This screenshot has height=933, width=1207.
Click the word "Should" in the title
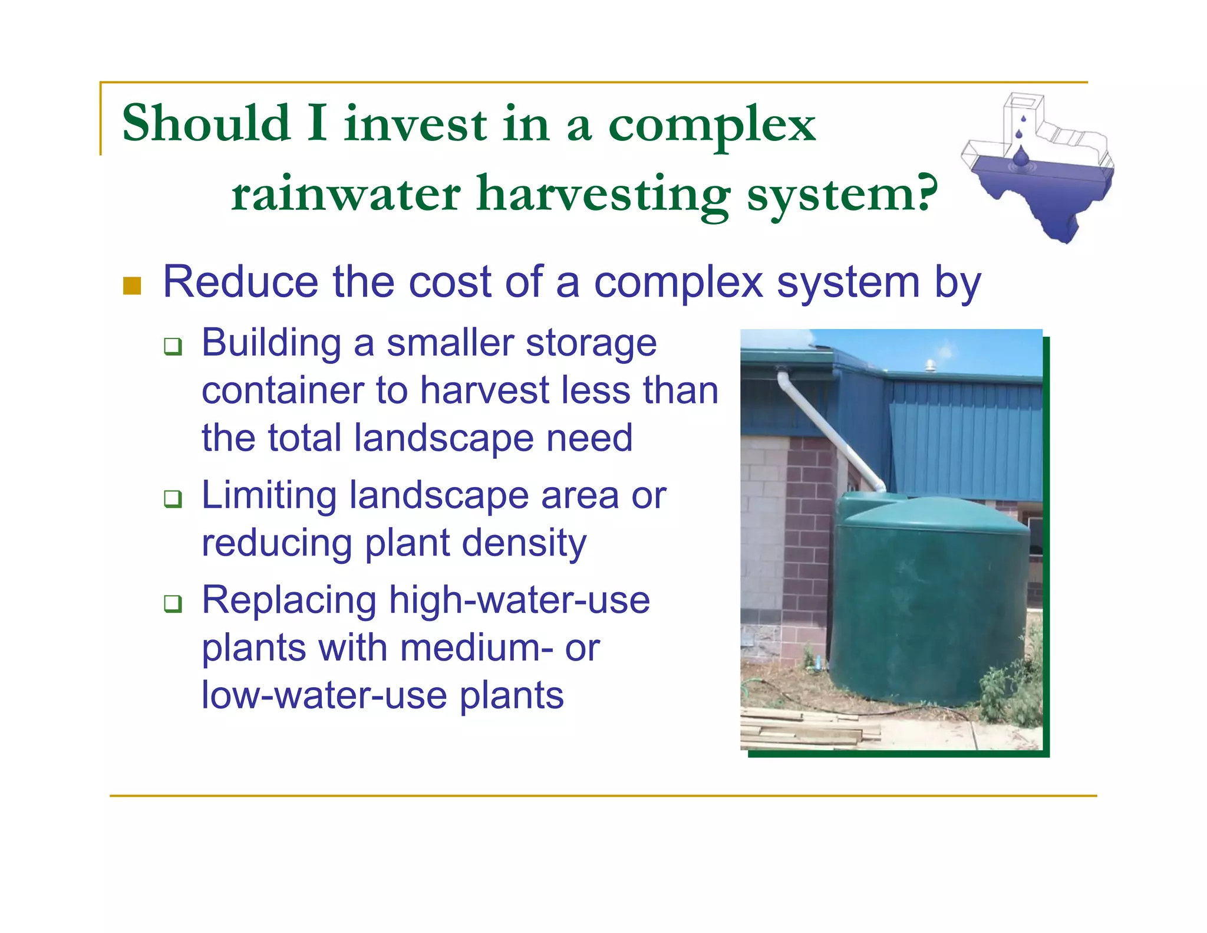tap(206, 123)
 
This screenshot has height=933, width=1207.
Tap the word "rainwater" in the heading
tap(345, 194)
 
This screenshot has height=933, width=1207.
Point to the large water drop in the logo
tap(1020, 157)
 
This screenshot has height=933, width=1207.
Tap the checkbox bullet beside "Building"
tap(173, 346)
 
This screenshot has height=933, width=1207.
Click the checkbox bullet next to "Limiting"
tap(173, 498)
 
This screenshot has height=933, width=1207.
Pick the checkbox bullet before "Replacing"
tap(173, 603)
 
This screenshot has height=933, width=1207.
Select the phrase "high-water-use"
tap(519, 600)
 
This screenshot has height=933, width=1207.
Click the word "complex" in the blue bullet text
tap(678, 283)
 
